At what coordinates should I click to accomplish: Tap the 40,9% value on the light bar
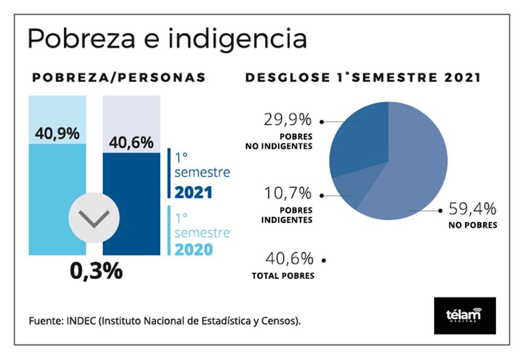[x=57, y=134]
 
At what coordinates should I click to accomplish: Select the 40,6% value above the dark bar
[x=131, y=142]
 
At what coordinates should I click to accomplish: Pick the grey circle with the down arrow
[x=94, y=218]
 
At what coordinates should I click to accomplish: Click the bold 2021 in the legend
[x=193, y=193]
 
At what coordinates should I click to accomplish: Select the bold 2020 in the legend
[x=194, y=250]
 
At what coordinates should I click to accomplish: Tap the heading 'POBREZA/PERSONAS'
[x=119, y=78]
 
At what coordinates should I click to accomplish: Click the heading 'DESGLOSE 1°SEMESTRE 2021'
[x=363, y=78]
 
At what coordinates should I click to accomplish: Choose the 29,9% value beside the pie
[x=288, y=120]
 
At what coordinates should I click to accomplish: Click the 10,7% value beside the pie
[x=288, y=194]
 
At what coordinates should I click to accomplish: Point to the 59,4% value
[x=473, y=210]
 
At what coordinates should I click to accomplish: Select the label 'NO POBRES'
[x=472, y=226]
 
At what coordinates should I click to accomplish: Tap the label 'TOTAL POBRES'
[x=283, y=275]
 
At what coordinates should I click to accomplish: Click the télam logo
[x=465, y=315]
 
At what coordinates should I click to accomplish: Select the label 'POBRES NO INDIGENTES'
[x=279, y=141]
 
